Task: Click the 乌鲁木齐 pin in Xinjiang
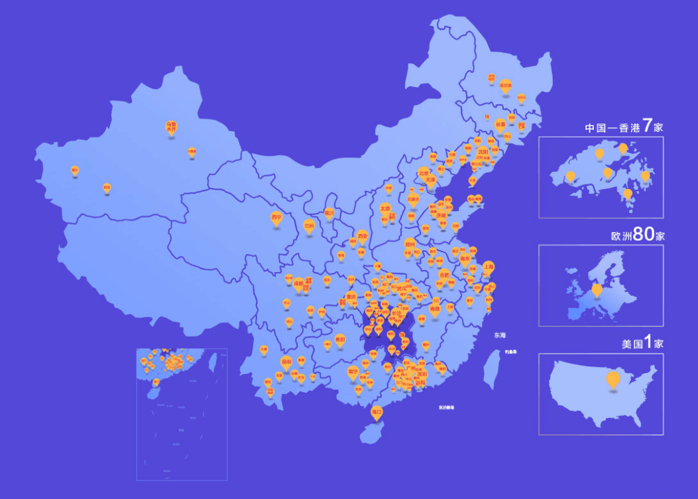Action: coord(171,126)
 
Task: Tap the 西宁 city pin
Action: coord(276,218)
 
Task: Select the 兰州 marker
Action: coord(309,226)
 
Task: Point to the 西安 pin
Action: coord(362,236)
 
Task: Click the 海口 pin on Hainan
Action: coord(377,411)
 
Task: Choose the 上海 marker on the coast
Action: coord(489,267)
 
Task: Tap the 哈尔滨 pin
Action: coord(506,86)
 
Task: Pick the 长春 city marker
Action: coord(500,124)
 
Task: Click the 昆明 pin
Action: coord(286,362)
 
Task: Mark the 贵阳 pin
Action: coord(340,339)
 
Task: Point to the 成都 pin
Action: coord(298,283)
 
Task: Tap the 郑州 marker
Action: coord(410,244)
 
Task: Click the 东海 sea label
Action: coord(499,336)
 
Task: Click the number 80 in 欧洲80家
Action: coord(643,235)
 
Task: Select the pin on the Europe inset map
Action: coord(597,289)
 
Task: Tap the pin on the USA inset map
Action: coord(613,378)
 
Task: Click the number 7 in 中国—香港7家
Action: coord(647,126)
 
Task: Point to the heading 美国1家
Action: coord(642,344)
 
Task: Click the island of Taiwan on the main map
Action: coord(491,368)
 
